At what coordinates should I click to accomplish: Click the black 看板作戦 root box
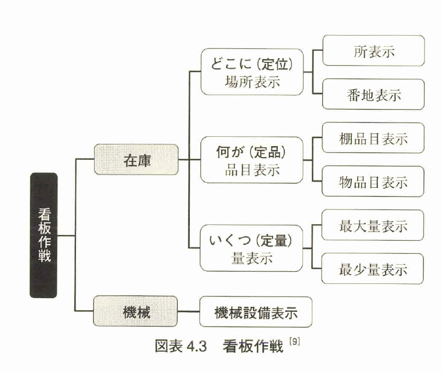(44, 235)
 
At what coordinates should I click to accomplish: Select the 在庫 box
(136, 159)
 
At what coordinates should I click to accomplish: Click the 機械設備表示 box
(255, 312)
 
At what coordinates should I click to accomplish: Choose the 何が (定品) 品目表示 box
(252, 160)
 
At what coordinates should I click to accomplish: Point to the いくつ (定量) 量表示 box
(252, 248)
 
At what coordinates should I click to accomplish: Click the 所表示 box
(374, 51)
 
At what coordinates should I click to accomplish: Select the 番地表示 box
(374, 94)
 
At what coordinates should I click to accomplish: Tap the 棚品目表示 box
(374, 138)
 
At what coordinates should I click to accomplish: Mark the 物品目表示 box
(374, 181)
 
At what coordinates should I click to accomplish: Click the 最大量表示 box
(374, 225)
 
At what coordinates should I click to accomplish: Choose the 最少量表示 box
(374, 269)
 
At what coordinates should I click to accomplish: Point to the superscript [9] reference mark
(296, 343)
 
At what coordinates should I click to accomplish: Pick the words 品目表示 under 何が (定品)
(252, 169)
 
